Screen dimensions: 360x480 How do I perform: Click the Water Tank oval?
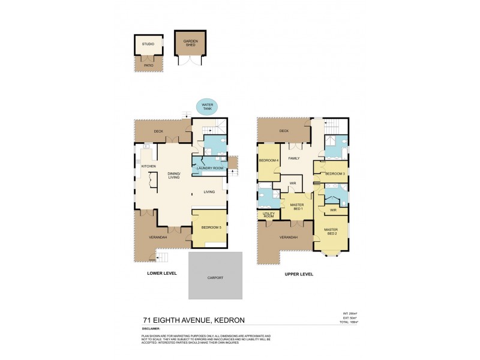click(207, 106)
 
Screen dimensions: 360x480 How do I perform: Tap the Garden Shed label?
click(190, 43)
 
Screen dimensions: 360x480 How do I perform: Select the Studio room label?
click(148, 44)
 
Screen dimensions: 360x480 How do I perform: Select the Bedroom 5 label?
click(211, 227)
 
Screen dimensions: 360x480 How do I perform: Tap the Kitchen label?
click(148, 166)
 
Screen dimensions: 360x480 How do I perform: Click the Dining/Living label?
click(175, 175)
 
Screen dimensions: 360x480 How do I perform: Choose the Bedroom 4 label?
click(268, 161)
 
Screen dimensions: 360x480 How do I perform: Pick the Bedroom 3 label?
click(334, 173)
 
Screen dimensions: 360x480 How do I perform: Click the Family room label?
click(294, 158)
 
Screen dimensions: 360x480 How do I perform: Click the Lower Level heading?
click(162, 274)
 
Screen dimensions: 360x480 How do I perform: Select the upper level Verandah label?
click(288, 238)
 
